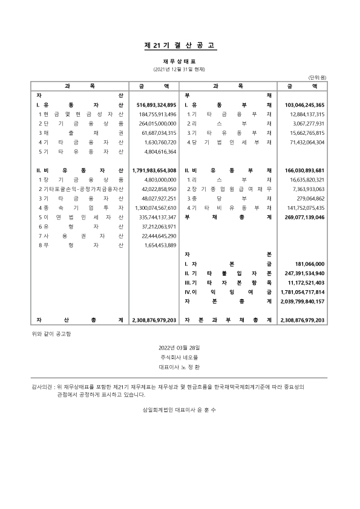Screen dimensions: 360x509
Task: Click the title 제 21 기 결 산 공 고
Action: (x=180, y=45)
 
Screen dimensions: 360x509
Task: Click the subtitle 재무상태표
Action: (x=180, y=61)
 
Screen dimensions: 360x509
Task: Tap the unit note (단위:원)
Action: (x=317, y=78)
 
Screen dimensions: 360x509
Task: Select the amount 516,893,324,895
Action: (x=154, y=105)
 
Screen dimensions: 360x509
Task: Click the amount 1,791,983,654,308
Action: (x=154, y=170)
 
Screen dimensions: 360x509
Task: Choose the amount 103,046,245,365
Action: (x=303, y=105)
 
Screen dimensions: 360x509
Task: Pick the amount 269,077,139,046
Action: (x=303, y=216)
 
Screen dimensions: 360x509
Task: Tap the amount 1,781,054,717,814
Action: (x=303, y=291)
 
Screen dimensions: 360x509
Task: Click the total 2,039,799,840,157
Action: (x=303, y=301)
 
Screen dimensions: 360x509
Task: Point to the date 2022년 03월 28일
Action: (x=180, y=348)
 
